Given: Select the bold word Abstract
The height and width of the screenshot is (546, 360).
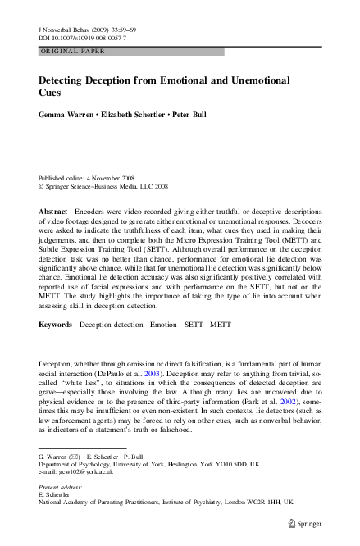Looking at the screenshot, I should pyautogui.click(x=53, y=212).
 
